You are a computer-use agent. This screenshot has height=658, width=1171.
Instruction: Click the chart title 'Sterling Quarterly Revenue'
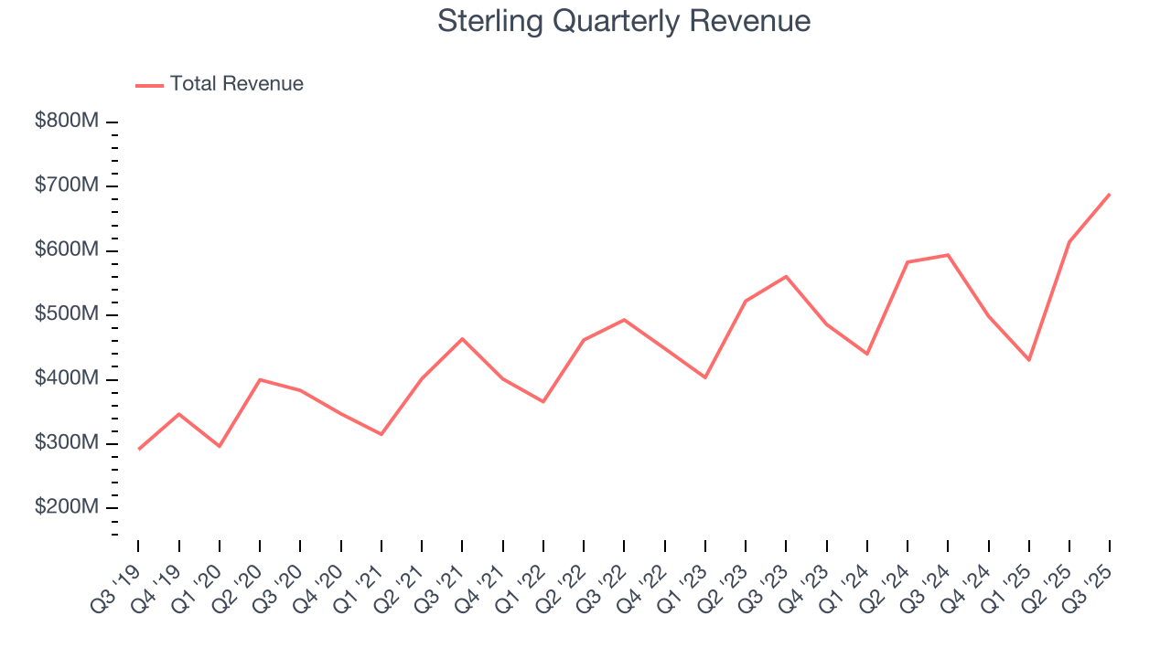click(x=624, y=20)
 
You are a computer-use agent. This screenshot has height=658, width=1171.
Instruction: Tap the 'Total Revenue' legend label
click(x=236, y=84)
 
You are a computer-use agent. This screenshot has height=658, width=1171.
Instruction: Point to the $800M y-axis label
click(x=66, y=122)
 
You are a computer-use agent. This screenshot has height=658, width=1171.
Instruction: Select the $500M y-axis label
click(x=66, y=314)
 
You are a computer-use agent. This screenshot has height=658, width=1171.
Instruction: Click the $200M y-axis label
click(x=66, y=507)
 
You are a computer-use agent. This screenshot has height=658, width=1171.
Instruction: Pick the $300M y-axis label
click(x=66, y=443)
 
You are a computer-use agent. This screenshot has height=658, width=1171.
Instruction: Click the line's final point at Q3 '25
click(x=1110, y=194)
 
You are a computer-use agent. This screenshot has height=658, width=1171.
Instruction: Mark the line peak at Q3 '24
click(x=948, y=255)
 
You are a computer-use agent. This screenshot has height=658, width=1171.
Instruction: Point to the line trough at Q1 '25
click(x=1029, y=360)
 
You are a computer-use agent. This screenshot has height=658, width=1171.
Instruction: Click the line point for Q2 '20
click(x=260, y=379)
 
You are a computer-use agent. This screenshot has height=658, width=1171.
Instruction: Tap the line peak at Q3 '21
click(x=462, y=339)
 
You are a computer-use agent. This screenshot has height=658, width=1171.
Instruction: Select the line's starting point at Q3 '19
click(x=139, y=449)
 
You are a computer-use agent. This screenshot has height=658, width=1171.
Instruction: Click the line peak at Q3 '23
click(x=786, y=276)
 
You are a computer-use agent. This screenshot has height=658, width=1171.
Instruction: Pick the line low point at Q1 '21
click(x=381, y=434)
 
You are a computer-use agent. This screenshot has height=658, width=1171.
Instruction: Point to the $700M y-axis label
click(x=66, y=186)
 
